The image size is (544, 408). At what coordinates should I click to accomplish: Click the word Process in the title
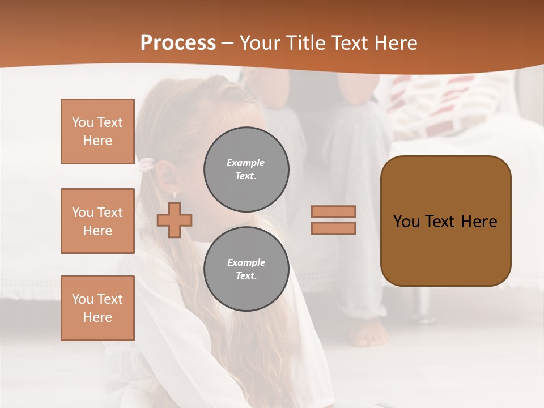point(178,43)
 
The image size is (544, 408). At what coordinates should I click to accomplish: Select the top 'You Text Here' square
point(97,131)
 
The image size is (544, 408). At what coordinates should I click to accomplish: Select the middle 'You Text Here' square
point(97,221)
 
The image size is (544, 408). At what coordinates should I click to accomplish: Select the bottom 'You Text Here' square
point(97,308)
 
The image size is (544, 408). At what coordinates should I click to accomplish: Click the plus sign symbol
point(175,220)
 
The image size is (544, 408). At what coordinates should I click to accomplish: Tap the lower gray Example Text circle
point(246,269)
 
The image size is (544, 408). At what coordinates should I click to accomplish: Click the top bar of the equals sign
point(333,211)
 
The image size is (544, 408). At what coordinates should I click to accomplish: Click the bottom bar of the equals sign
point(333,228)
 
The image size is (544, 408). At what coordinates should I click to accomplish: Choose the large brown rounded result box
point(445,221)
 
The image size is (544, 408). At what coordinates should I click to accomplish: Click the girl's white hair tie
point(147,165)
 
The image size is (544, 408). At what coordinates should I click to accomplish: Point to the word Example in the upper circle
point(245,163)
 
